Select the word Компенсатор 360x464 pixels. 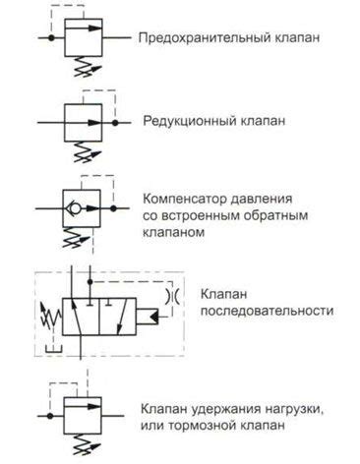186,197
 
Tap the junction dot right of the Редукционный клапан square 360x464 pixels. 115,124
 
